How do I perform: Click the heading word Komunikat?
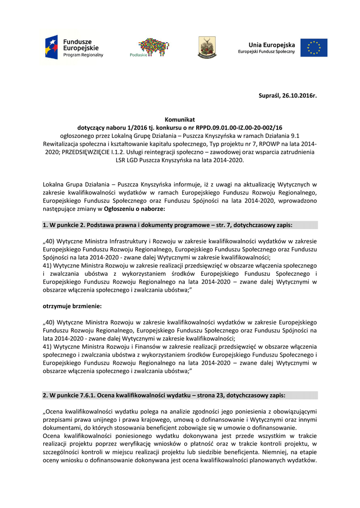coord(180,120)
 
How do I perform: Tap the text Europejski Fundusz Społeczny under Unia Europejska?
coord(266,52)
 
